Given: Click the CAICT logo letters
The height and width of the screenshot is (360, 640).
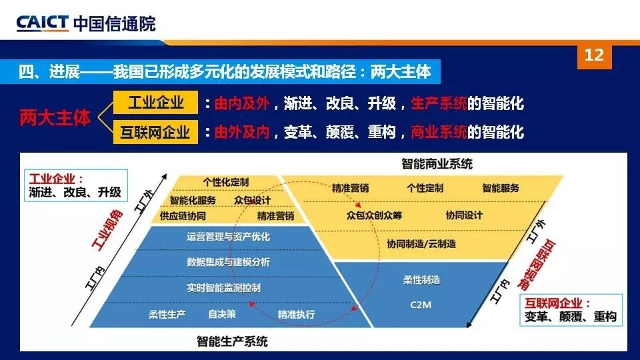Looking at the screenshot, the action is (x=42, y=23).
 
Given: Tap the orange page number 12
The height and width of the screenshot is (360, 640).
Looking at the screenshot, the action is (x=594, y=55).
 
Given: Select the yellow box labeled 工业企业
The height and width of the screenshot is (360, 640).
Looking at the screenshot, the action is (x=155, y=102).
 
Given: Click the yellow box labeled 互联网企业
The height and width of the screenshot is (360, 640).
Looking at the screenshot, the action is (x=155, y=132).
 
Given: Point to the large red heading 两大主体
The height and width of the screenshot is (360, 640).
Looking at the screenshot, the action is (x=55, y=117).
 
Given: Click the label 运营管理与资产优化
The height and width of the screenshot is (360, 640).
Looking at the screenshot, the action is (x=228, y=237).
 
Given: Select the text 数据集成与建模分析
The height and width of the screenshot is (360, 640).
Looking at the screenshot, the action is (x=228, y=262).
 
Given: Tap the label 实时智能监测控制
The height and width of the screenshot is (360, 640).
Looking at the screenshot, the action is (x=224, y=288).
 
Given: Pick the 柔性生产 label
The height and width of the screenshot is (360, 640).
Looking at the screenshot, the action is (x=167, y=314).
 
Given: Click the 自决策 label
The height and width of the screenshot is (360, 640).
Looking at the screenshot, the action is (x=222, y=314).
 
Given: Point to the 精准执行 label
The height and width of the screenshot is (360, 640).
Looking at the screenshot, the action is (x=296, y=314).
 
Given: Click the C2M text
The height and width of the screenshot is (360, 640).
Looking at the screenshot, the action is (x=421, y=305).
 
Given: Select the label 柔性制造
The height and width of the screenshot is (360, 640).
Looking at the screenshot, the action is (x=421, y=279).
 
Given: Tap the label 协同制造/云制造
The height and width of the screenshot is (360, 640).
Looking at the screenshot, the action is (x=421, y=244).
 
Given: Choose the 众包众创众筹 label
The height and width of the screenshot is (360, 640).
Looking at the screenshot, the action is (x=374, y=215).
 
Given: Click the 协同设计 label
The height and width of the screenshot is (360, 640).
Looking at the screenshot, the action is (x=464, y=215).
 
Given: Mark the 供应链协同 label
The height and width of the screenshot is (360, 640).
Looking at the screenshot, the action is (x=183, y=216).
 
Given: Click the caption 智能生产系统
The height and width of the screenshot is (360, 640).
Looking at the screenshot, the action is (x=232, y=341).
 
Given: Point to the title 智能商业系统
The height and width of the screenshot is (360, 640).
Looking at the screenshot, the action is (x=437, y=164).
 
